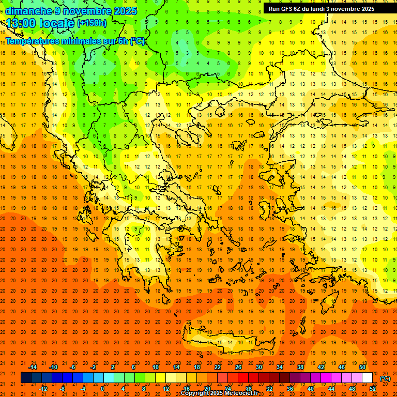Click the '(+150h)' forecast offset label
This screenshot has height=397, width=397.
pyautogui.click(x=92, y=23)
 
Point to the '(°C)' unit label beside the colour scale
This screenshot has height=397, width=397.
pyautogui.click(x=385, y=378)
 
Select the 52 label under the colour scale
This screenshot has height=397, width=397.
pyautogui.click(x=373, y=389)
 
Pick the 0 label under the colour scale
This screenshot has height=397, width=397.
pyautogui.click(x=102, y=389)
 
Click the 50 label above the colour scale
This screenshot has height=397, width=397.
pyautogui.click(x=362, y=367)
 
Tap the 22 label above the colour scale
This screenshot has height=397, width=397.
pyautogui.click(x=218, y=367)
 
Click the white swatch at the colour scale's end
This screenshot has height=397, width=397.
pyautogui.click(x=368, y=378)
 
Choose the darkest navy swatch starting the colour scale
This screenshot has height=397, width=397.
pyautogui.click(x=26, y=378)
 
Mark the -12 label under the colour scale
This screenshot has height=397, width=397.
pyautogui.click(x=43, y=389)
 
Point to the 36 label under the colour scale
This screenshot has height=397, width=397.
pyautogui.click(x=290, y=389)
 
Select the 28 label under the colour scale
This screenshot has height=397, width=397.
pyautogui.click(x=249, y=389)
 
